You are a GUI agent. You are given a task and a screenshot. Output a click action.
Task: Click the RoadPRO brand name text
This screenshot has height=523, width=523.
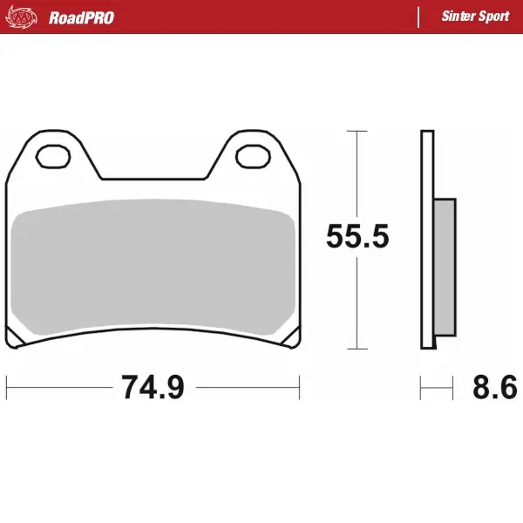(81, 17)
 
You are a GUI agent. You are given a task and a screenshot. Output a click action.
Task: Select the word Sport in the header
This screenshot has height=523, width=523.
(495, 17)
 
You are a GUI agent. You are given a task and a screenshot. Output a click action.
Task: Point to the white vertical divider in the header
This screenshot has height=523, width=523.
(419, 17)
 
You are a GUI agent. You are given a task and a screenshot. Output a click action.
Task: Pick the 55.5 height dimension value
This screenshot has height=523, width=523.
(357, 236)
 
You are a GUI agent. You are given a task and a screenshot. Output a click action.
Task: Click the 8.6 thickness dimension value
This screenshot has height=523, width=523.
(494, 387)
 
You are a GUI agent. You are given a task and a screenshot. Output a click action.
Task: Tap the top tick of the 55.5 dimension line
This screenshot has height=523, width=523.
(357, 131)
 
